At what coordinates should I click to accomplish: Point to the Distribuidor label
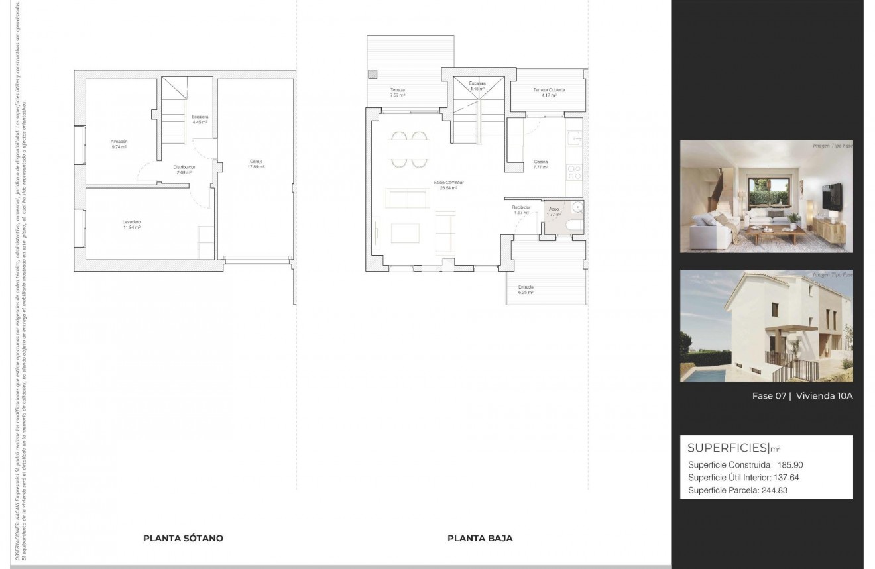point(184,167)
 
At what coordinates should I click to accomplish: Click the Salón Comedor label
point(449,182)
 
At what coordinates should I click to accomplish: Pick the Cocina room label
point(541,162)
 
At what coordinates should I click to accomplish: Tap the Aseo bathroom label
point(554,209)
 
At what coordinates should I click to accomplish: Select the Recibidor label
point(521,207)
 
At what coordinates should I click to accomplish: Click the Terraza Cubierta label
point(549,90)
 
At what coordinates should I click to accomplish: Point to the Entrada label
point(526,287)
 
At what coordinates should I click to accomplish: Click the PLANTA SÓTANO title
point(183,538)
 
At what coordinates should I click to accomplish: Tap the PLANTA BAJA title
point(480,538)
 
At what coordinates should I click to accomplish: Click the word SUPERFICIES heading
point(727,448)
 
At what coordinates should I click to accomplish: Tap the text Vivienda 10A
point(824,396)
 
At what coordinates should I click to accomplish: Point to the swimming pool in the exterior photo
point(707,375)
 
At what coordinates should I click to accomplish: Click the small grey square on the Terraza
point(373,74)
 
